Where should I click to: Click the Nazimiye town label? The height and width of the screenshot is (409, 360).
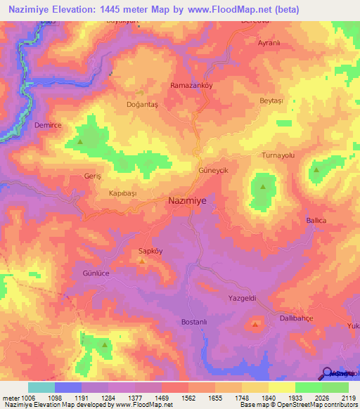point(188,200)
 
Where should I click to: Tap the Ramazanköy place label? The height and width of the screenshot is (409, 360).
point(191,85)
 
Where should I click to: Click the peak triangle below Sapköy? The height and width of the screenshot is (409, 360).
point(142,261)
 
